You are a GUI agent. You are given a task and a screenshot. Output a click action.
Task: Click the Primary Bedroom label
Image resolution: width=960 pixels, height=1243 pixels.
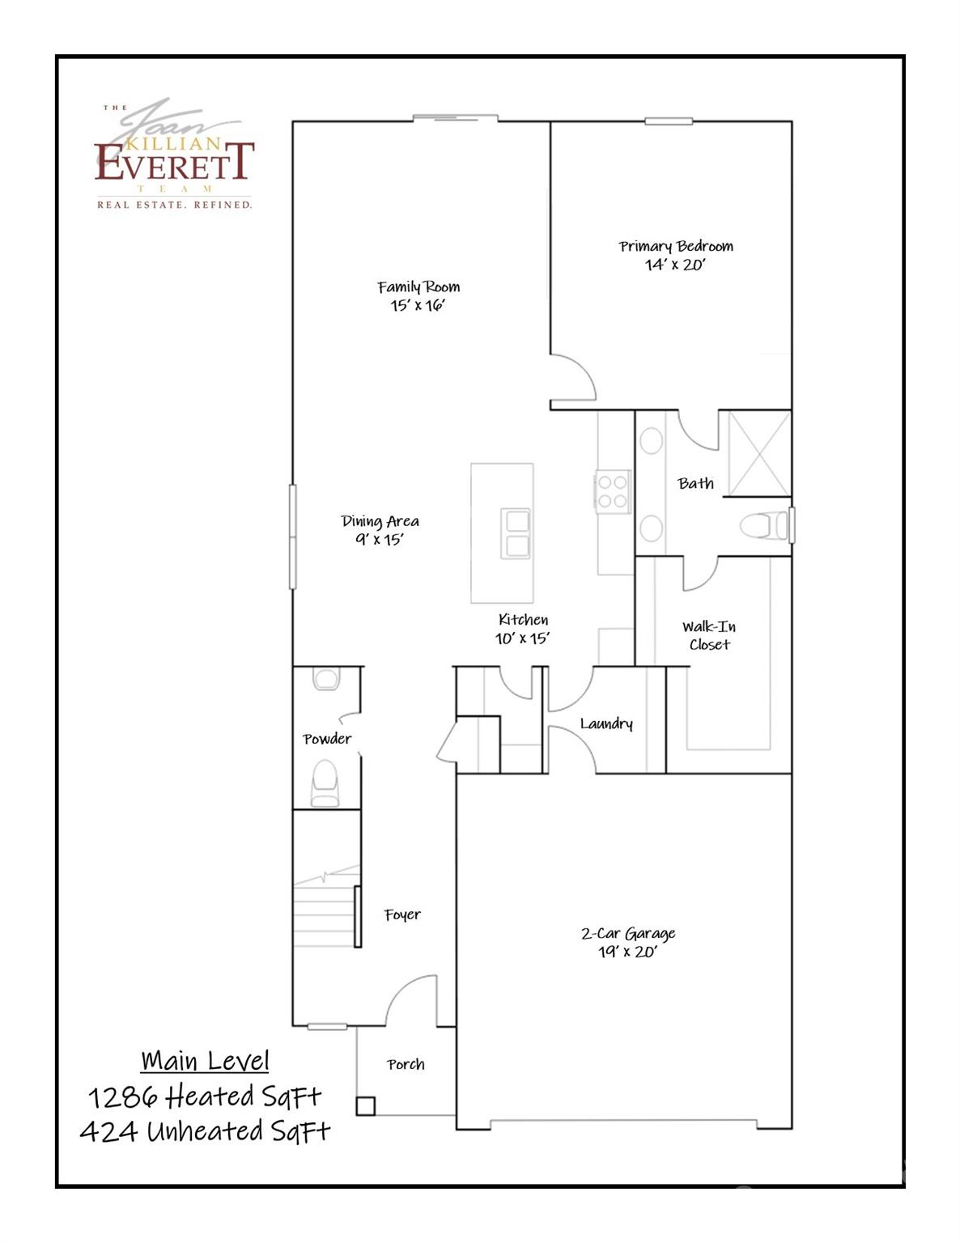[x=676, y=246]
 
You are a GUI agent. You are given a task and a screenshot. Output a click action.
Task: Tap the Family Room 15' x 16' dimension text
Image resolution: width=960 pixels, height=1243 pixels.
[x=418, y=305]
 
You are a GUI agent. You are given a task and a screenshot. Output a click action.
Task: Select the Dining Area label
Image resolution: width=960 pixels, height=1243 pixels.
[x=380, y=521]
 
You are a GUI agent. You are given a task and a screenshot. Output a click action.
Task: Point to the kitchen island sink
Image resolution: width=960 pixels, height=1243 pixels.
[x=516, y=533]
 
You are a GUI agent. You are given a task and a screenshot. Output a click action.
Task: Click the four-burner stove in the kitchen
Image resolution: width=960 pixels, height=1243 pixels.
[x=613, y=492]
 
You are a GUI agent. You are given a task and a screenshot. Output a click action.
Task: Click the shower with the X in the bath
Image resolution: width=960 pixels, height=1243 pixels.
[x=759, y=453]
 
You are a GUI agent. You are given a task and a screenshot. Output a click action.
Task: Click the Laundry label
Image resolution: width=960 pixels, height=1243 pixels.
[x=606, y=723]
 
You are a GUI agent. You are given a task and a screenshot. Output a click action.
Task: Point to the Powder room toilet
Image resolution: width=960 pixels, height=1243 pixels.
[x=325, y=781]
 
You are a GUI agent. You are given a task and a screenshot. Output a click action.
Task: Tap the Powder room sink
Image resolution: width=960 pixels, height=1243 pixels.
[x=326, y=678]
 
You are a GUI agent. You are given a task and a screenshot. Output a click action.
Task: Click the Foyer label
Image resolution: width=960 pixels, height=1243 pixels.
[x=402, y=914]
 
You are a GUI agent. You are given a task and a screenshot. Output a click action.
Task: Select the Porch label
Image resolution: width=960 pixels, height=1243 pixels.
[x=406, y=1064]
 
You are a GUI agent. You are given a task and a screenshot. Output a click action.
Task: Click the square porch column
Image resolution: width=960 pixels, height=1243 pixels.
[x=366, y=1105]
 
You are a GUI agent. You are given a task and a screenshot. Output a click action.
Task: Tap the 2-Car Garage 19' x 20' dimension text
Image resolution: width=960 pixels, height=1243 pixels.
[x=627, y=952]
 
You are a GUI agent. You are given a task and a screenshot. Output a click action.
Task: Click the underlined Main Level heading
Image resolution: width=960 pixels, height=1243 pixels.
[x=205, y=1061]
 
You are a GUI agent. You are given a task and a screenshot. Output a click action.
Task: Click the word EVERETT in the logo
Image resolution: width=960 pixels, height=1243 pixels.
[x=175, y=162]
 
